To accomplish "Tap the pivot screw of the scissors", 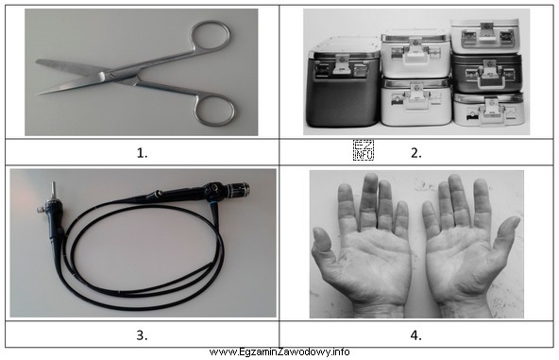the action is tap(102, 76).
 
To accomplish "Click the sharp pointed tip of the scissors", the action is tap(37, 94).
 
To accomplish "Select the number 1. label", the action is tap(142, 153).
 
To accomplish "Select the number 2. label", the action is tap(416, 153).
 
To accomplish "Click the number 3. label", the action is tap(142, 335).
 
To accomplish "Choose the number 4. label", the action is tap(416, 335).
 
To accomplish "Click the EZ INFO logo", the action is tap(364, 150).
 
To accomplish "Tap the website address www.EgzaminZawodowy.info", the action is tap(279, 351).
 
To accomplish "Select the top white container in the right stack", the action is tap(484, 36).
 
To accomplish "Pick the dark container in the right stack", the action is tap(487, 74).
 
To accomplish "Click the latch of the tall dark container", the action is tap(341, 65).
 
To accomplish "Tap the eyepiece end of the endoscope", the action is tap(239, 189).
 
